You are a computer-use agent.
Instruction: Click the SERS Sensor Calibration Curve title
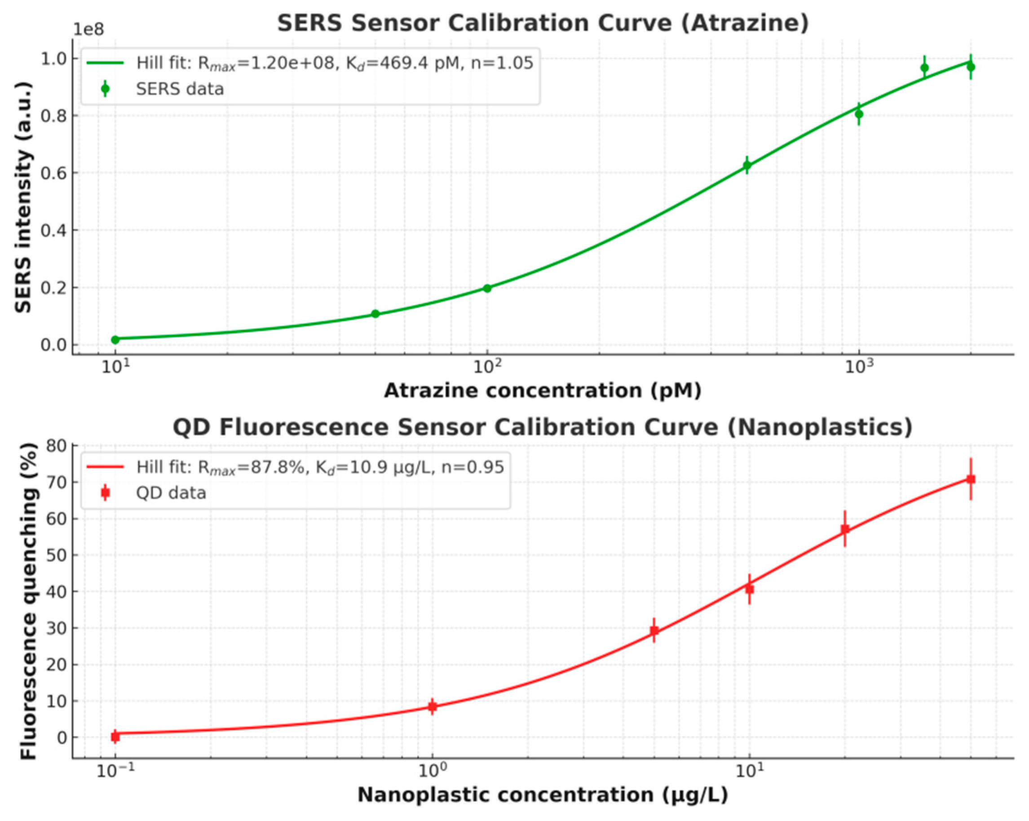click(x=543, y=23)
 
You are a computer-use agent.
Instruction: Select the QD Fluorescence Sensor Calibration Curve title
click(x=543, y=427)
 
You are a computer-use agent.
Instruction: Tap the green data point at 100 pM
click(x=487, y=288)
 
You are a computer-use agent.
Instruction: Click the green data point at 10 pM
click(x=115, y=340)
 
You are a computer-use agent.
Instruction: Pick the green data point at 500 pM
click(x=747, y=166)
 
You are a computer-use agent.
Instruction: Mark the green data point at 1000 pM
click(x=859, y=114)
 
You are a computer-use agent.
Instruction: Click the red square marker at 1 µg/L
click(x=432, y=707)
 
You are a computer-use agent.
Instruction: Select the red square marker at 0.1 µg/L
click(x=115, y=737)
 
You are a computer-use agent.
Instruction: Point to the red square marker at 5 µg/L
click(x=654, y=631)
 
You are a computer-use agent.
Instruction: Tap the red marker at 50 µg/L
click(x=971, y=479)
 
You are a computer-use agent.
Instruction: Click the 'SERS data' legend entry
click(x=180, y=89)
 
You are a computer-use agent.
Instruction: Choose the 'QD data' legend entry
click(x=171, y=493)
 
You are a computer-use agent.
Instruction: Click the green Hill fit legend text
click(x=334, y=63)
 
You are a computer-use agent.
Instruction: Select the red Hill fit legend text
click(x=320, y=467)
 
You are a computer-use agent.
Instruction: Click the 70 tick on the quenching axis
click(x=56, y=482)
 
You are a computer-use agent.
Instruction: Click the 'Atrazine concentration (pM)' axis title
click(x=543, y=391)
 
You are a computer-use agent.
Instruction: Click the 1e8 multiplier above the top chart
click(x=88, y=30)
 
